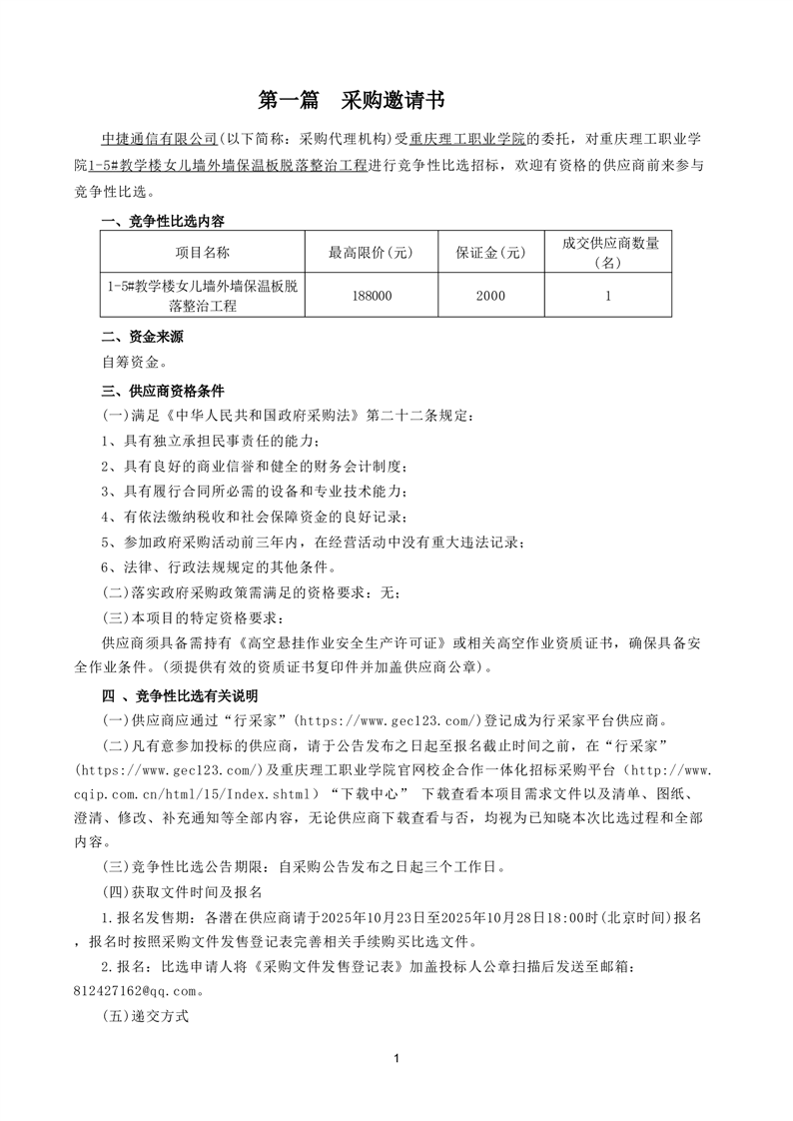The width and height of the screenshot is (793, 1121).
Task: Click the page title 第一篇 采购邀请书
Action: [x=352, y=100]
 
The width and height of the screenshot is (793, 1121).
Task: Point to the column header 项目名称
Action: [x=203, y=253]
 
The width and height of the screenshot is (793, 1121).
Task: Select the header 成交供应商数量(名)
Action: [x=607, y=253]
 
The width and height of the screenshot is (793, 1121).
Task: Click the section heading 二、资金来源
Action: [x=142, y=337]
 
